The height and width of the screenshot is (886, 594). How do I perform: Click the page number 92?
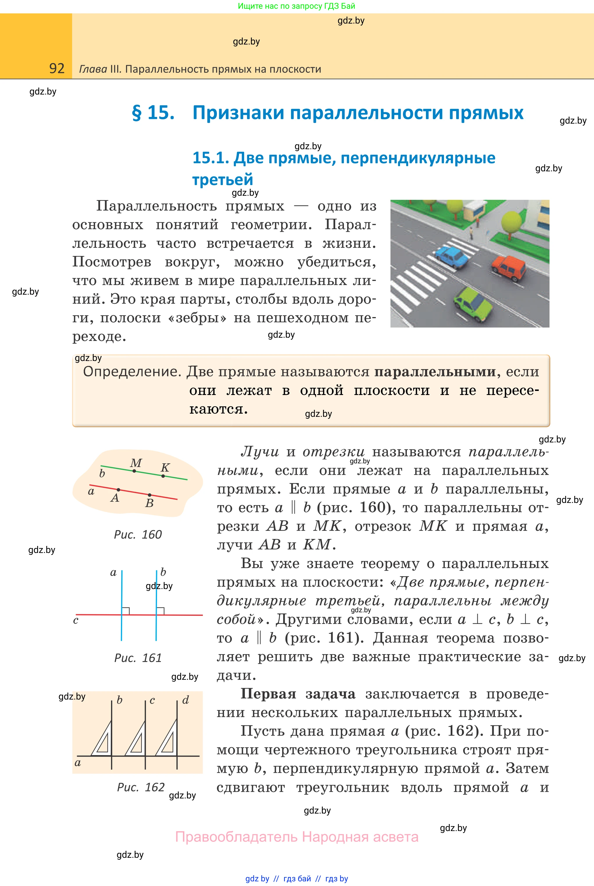[57, 68]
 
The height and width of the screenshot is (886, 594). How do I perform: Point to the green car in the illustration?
[473, 304]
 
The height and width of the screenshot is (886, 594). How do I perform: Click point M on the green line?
[134, 471]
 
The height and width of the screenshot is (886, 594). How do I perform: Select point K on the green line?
[163, 476]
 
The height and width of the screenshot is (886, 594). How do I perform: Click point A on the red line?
[118, 490]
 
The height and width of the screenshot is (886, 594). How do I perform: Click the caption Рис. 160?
[138, 534]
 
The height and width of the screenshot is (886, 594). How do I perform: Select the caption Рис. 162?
[140, 787]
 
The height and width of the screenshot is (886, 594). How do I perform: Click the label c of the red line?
[76, 620]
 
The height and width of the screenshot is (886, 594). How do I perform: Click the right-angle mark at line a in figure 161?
[126, 611]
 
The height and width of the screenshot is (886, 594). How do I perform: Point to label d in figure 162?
[185, 700]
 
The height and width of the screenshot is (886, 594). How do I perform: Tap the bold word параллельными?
[435, 372]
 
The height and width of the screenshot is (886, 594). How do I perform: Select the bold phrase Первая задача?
[298, 693]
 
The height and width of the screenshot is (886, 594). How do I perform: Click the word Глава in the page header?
[93, 69]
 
